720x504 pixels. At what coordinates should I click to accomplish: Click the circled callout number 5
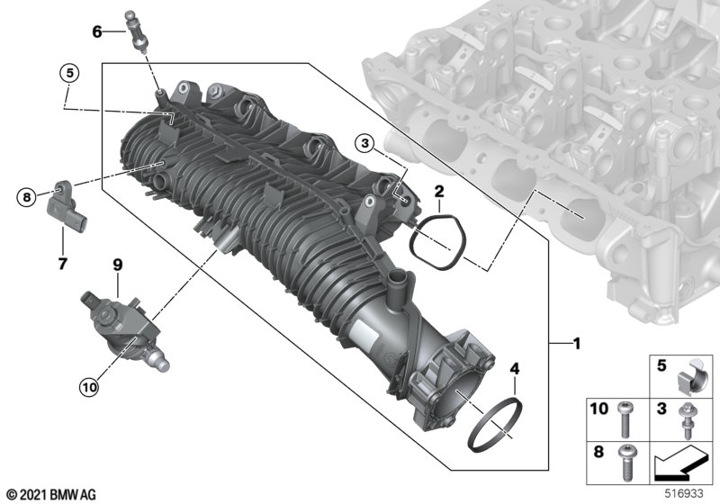[x=70, y=72]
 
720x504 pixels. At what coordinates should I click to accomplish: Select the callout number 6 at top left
[x=97, y=31]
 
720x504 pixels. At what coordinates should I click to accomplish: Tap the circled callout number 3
[x=364, y=142]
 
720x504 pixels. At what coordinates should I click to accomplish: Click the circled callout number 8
[x=26, y=195]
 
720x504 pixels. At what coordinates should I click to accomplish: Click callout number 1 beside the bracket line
[x=577, y=343]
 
